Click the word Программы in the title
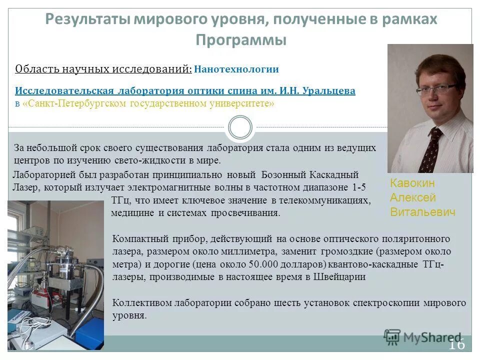pos(240,40)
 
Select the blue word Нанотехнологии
pos(236,69)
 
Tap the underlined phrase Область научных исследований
pos(103,69)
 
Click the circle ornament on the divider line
pos(239,127)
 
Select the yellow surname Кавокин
pos(412,183)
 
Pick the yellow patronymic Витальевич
pos(422,212)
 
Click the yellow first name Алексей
pos(413,197)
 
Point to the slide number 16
pos(456,344)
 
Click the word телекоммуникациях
pos(325,200)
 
